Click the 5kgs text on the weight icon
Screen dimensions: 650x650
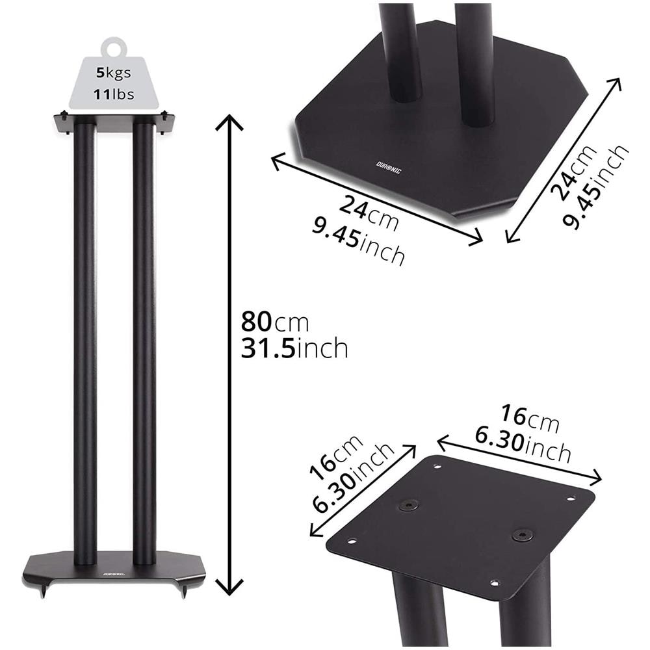(x=114, y=73)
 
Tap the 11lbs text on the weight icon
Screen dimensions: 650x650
(x=114, y=94)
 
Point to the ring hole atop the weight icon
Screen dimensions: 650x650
(x=114, y=47)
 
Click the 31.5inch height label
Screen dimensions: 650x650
(x=294, y=349)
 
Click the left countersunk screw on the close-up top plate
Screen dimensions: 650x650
(x=408, y=505)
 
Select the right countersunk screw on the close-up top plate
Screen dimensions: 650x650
(x=521, y=535)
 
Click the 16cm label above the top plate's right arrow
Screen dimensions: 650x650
(x=530, y=419)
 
